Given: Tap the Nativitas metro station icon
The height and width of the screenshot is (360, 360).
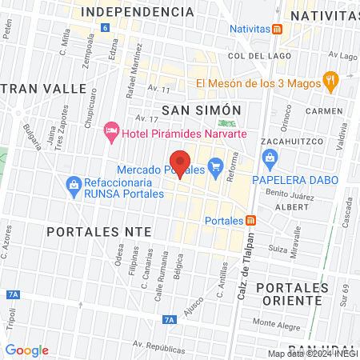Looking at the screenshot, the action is [278, 30].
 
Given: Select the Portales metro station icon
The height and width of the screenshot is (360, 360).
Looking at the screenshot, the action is [251, 221].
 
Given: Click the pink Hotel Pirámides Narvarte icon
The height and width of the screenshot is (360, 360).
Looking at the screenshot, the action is [113, 130].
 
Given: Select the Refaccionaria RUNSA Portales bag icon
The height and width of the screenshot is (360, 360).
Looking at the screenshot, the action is [74, 184].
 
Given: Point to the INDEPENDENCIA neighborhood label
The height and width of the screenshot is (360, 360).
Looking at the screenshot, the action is [138, 12].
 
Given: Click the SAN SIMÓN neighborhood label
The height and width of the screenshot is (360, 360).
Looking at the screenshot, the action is [202, 109].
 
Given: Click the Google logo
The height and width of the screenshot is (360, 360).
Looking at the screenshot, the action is [26, 350].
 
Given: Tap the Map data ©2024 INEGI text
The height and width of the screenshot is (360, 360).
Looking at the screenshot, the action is [312, 354].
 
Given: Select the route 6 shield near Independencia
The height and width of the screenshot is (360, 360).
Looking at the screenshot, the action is [105, 28].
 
